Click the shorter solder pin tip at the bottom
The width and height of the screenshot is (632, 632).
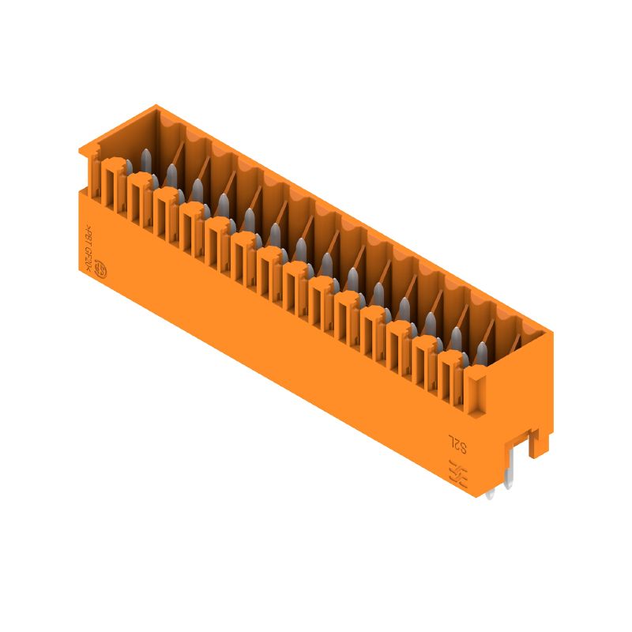491,495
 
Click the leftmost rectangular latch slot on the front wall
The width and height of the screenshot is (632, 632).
111,186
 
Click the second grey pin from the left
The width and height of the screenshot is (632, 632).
171,175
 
